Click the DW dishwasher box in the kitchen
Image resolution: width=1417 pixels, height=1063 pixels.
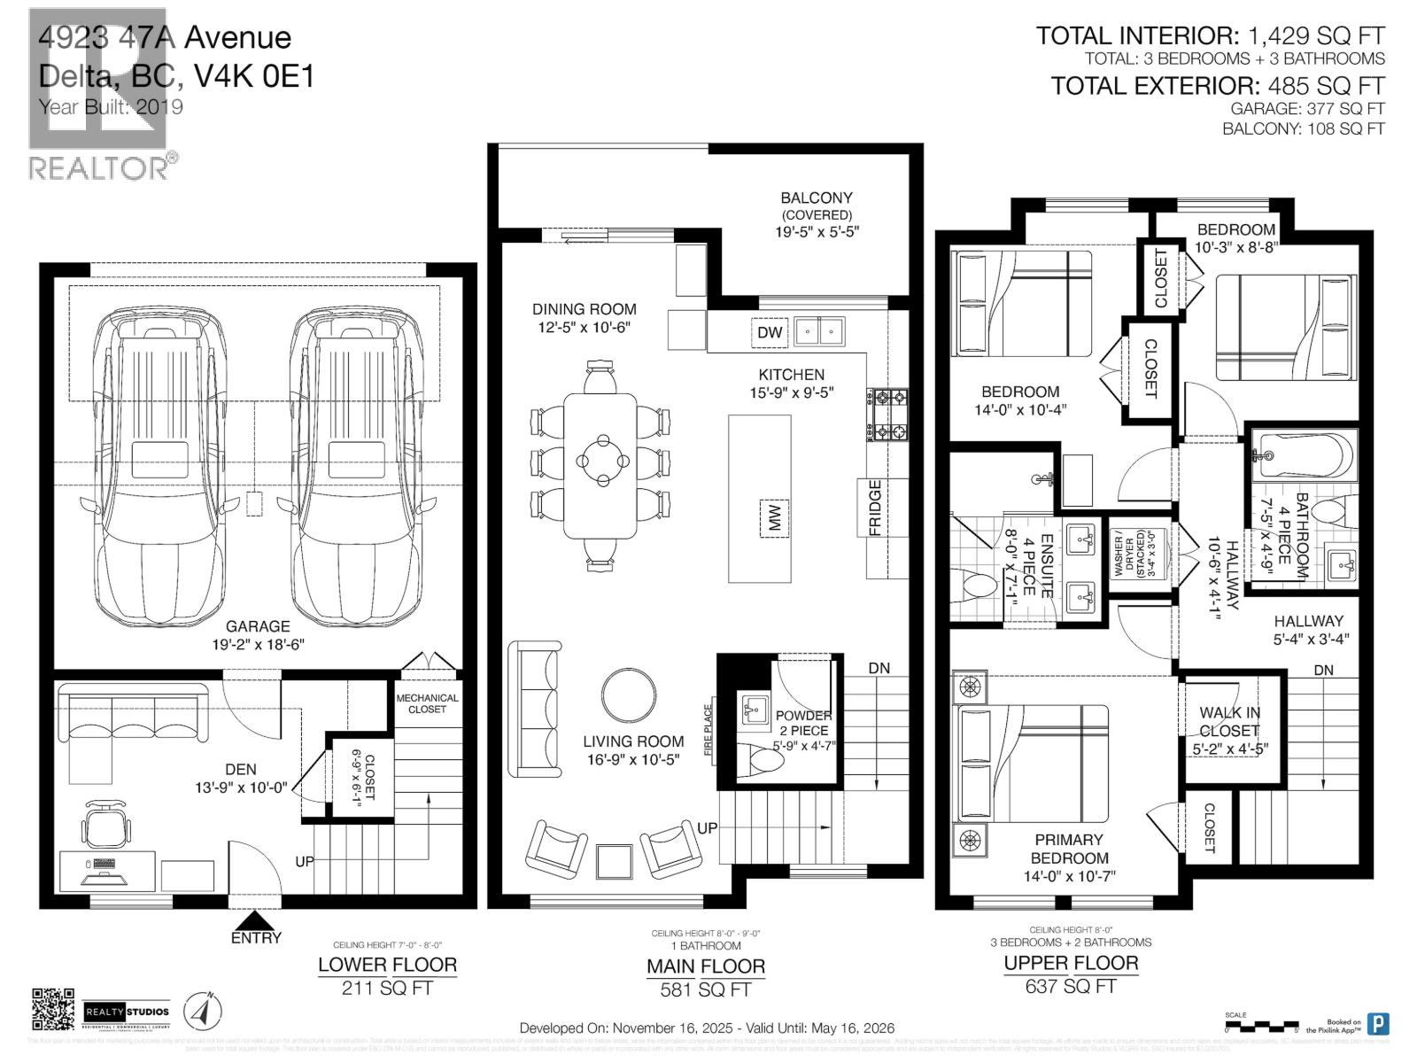coord(770,332)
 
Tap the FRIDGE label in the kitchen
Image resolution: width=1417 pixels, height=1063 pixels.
coord(874,508)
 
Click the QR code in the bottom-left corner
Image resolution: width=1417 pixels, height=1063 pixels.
coord(53,1010)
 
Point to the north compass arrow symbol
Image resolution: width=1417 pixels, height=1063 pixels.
coord(204,1011)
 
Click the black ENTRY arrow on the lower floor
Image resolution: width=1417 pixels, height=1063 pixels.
coord(254,920)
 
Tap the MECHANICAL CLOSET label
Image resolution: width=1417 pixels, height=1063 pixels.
coord(427,703)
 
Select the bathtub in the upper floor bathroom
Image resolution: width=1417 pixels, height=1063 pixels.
coord(1303,456)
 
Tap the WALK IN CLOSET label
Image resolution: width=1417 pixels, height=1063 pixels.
coord(1229,722)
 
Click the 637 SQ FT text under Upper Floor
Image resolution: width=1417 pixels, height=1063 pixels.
coord(1070,986)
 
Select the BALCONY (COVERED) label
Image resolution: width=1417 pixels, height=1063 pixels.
coord(816,206)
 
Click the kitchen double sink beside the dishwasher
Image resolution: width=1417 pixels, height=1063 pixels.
coord(819,332)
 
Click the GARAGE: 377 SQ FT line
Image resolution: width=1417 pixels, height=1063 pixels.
coord(1307,108)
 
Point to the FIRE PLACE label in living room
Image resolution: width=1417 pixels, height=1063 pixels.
coord(708,730)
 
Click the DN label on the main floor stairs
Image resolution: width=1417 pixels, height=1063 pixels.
coord(879,668)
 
